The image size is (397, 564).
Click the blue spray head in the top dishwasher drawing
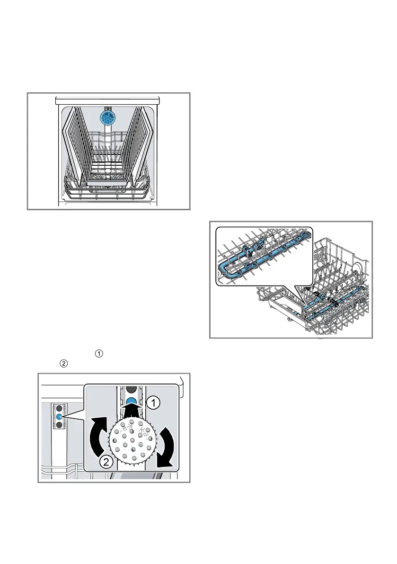108,118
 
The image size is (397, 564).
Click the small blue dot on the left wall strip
60,416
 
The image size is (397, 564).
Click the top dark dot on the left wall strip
60,408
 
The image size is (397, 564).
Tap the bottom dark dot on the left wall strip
60,425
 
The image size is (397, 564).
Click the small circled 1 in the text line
98,353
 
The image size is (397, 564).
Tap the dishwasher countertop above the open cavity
108,100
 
